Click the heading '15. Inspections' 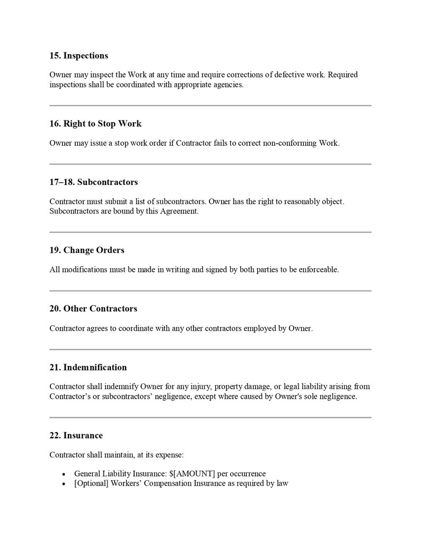coord(78,56)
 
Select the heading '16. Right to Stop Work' coord(95,124)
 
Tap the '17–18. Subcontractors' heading coord(93,182)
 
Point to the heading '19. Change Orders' coord(86,250)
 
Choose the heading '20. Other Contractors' coord(93,309)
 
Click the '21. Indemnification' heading coord(88,367)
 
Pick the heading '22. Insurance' coord(76,435)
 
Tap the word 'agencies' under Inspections coord(228,85)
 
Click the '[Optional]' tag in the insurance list coord(91,484)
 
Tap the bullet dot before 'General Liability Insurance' coord(64,474)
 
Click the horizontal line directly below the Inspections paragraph coord(210,106)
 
